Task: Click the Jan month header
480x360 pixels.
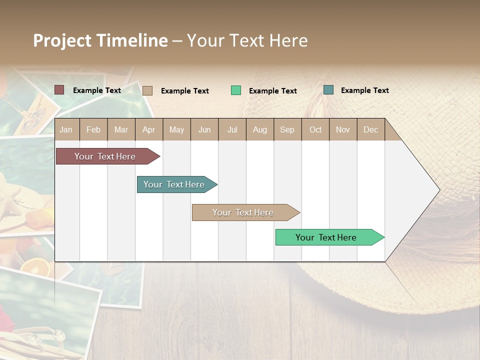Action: coord(66,129)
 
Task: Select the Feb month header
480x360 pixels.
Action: coord(93,129)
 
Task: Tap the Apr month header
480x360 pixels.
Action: coord(148,129)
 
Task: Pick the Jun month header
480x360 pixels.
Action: coord(204,129)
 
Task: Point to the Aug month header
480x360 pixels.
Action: coord(259,129)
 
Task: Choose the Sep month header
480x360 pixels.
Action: coord(287,129)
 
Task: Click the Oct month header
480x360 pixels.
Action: coord(315,129)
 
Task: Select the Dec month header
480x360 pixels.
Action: coord(370,129)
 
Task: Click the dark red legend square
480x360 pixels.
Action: coord(59,90)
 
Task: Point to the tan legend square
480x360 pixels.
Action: coord(147,90)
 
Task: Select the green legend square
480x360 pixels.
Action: coord(235,90)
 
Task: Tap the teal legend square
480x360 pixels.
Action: coord(328,90)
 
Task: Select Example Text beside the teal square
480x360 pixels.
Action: coord(364,90)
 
